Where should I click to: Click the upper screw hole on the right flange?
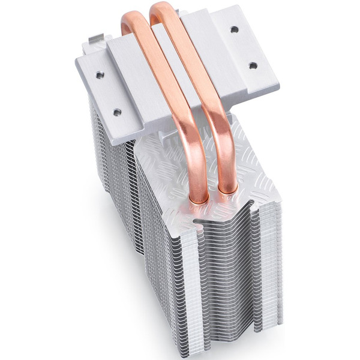[x=234, y=29]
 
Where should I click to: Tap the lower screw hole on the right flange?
[x=253, y=65]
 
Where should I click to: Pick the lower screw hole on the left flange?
[x=117, y=112]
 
